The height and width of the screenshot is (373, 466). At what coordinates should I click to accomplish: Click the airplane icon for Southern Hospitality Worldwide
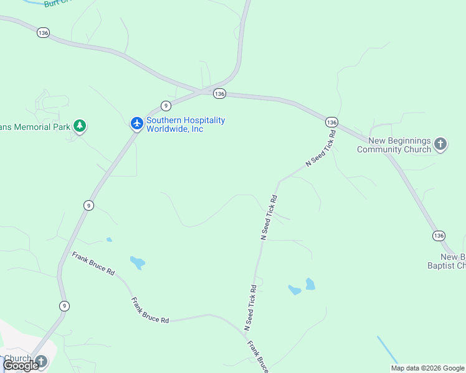click(137, 124)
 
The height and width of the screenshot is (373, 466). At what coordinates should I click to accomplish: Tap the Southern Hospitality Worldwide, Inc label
click(186, 124)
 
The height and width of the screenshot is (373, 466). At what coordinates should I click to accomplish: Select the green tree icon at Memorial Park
click(79, 126)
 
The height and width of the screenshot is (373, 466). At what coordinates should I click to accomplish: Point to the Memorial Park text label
click(34, 126)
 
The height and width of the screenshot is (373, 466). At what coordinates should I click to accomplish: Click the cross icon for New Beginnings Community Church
click(440, 145)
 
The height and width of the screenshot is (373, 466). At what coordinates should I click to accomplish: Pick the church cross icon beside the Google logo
click(41, 361)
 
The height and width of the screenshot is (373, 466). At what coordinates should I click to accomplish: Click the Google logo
click(21, 366)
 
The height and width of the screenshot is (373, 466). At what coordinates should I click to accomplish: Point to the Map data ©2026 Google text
click(427, 368)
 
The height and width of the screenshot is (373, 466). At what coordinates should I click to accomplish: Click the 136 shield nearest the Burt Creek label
click(43, 32)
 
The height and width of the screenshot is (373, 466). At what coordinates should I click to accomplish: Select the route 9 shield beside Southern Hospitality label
click(165, 105)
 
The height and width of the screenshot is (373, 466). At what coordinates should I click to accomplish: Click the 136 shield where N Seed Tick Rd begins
click(331, 122)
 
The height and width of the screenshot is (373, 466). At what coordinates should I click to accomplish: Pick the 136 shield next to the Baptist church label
click(439, 236)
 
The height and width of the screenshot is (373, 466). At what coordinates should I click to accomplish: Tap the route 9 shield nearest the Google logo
click(64, 305)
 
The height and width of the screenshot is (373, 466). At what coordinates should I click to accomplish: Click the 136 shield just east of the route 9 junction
click(219, 93)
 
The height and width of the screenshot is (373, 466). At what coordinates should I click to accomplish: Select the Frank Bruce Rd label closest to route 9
click(94, 264)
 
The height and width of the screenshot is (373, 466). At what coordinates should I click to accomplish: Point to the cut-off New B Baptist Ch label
click(453, 261)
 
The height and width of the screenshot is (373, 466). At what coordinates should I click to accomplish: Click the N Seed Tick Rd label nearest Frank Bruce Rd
click(250, 308)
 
